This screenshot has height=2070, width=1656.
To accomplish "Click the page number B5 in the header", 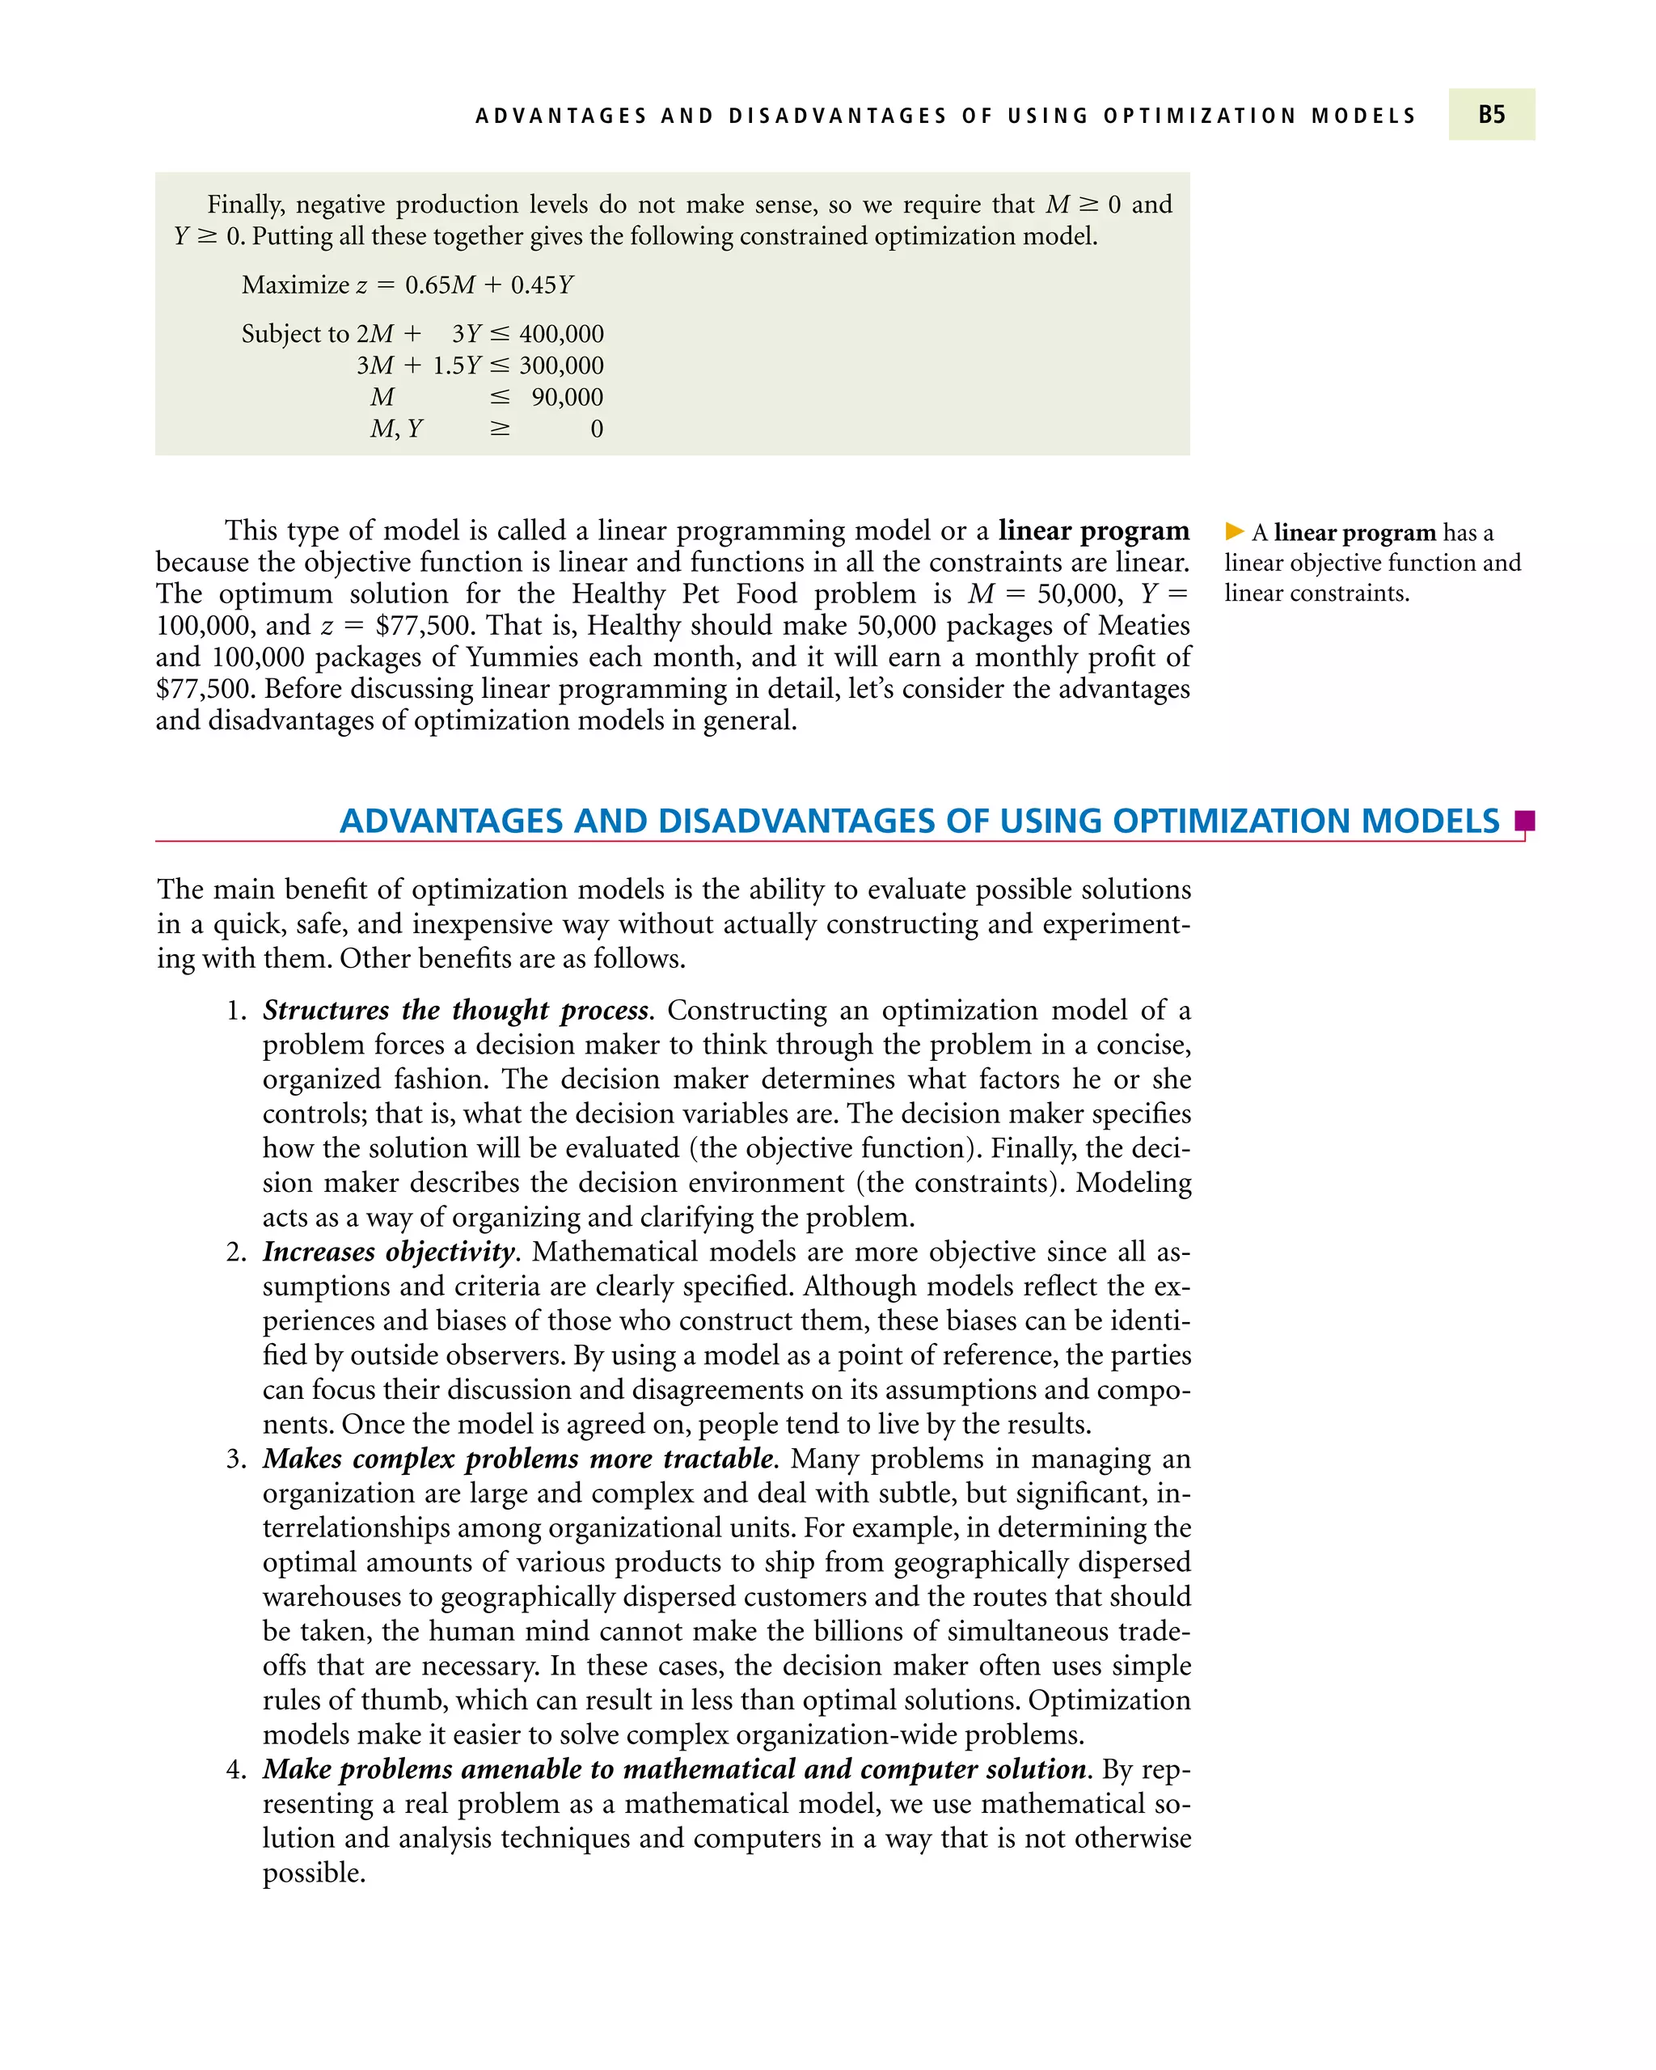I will (1491, 115).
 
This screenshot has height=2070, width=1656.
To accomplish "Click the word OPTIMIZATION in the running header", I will (1200, 116).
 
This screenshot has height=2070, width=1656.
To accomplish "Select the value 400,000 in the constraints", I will (562, 334).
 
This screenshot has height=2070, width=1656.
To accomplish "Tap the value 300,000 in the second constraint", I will (562, 365).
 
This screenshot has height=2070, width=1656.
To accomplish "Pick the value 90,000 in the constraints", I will (568, 398).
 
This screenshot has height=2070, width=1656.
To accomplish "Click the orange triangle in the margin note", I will (1235, 531).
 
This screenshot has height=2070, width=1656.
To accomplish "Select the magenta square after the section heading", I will (1524, 821).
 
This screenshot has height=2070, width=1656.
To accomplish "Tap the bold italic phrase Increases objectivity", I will (390, 1252).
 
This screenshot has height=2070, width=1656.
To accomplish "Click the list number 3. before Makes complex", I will (237, 1460).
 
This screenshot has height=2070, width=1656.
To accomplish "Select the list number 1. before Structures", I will (237, 1011).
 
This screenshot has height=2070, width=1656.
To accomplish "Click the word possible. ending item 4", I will (314, 1874).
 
